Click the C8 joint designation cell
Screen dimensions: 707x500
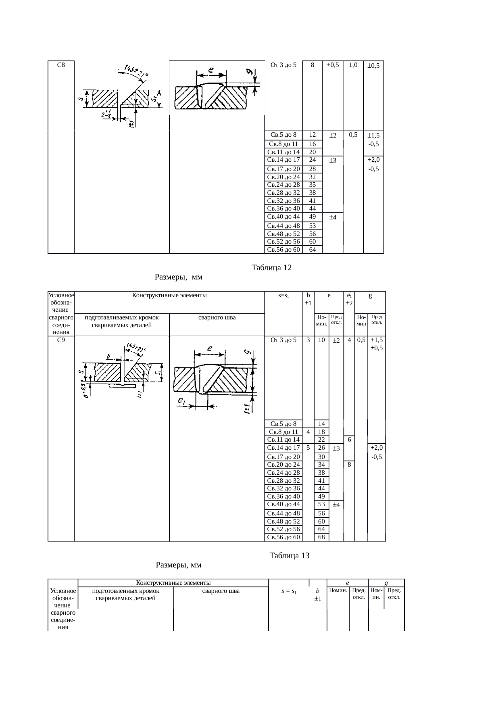(61, 65)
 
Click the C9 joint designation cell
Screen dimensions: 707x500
(61, 340)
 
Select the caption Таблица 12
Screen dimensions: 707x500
(271, 268)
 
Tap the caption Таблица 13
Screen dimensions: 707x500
(289, 556)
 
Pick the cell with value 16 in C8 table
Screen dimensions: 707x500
(312, 144)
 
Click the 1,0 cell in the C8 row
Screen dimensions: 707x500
(353, 65)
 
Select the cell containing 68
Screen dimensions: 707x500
(321, 537)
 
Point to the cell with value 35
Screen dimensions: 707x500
(312, 185)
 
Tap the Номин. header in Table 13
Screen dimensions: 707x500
(338, 590)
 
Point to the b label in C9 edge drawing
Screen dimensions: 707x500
(108, 357)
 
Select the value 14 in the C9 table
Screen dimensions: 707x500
(321, 423)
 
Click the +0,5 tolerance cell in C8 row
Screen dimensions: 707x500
(333, 65)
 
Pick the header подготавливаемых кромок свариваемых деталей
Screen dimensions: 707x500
(122, 321)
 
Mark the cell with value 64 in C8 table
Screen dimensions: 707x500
(312, 250)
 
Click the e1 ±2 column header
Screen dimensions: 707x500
(349, 299)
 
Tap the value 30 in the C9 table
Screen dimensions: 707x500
(321, 457)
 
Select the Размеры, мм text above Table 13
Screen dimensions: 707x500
(178, 565)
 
